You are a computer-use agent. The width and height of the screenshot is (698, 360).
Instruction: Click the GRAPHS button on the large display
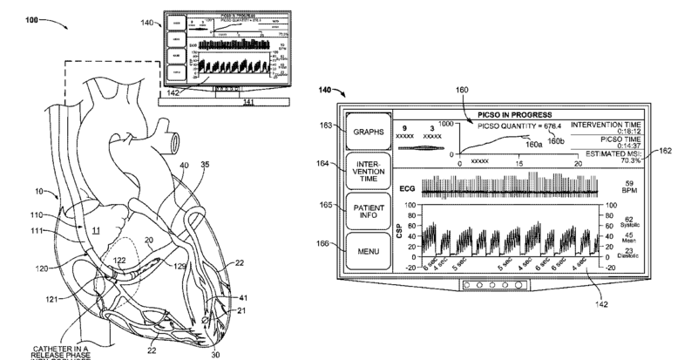coord(369,132)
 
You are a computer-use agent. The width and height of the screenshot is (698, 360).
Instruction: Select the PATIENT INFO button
coord(369,214)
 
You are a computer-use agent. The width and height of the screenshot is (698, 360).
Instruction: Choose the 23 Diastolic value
coord(628,255)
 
